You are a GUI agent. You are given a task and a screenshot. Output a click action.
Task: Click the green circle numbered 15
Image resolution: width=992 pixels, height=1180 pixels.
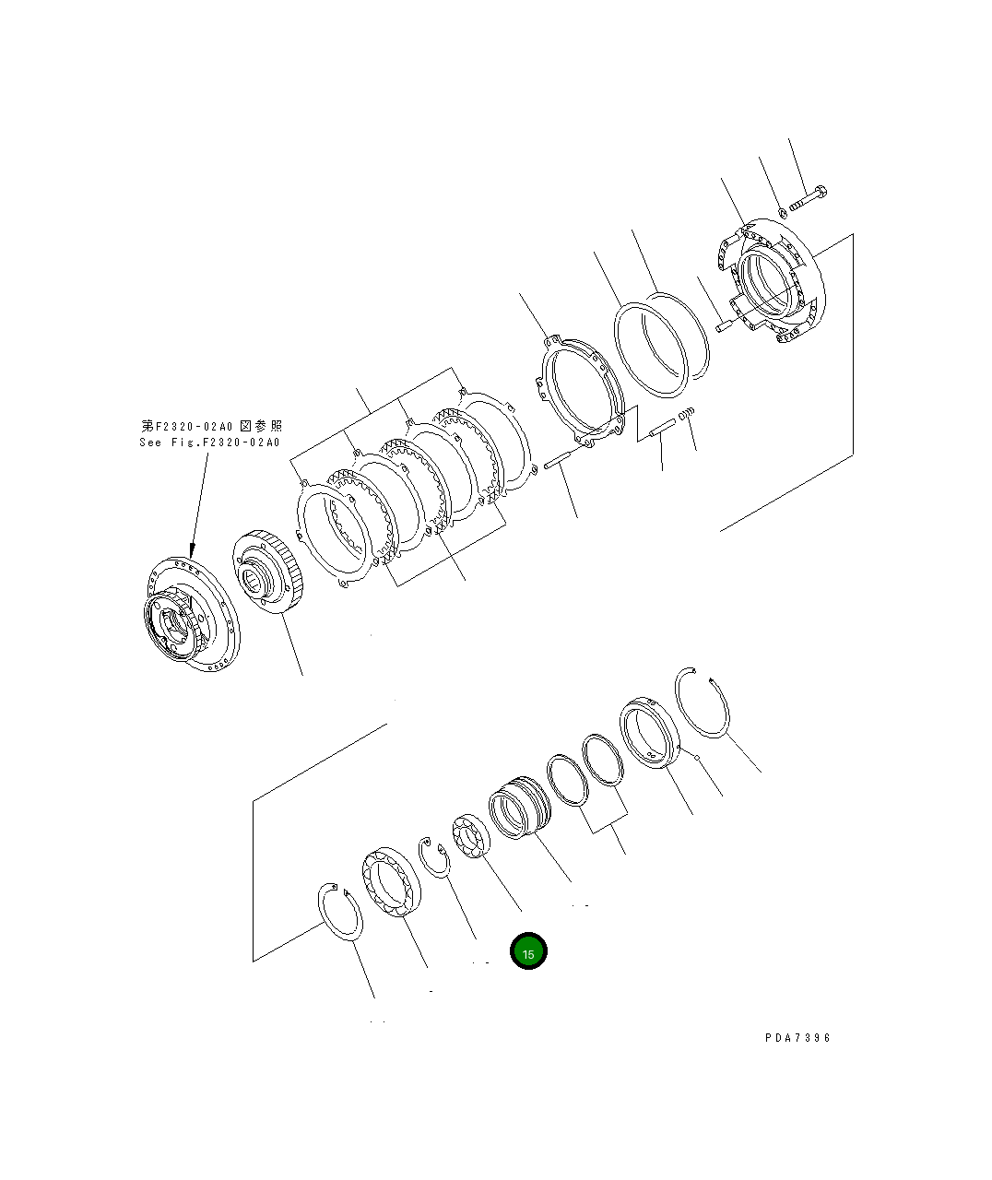(528, 952)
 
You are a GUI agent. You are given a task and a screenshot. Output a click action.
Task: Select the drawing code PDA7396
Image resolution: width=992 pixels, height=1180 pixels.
(797, 1037)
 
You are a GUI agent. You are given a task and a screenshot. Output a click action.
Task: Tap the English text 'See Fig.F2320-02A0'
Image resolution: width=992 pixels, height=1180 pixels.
(209, 442)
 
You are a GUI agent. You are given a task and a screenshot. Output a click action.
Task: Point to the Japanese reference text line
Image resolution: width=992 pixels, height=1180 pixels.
(211, 425)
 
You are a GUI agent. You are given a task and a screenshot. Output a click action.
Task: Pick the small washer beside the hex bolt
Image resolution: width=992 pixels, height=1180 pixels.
(782, 213)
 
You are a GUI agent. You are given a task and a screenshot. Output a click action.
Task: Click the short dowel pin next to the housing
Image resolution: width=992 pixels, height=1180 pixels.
(724, 324)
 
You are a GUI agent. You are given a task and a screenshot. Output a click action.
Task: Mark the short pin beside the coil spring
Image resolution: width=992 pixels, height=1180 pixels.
(662, 429)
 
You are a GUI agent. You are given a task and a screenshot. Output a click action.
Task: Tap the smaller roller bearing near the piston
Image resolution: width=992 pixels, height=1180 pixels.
(470, 838)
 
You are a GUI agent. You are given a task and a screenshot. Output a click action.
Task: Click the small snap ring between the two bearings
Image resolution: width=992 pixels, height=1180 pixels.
(433, 858)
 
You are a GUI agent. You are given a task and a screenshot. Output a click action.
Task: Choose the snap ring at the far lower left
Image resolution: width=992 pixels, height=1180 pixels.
(340, 914)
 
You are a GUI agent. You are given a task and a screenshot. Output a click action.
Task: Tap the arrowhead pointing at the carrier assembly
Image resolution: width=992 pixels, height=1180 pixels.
(193, 549)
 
